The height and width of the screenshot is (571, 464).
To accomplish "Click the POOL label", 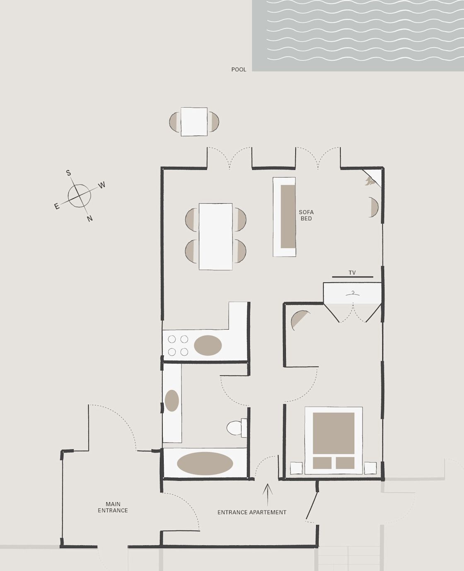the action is pyautogui.click(x=239, y=70).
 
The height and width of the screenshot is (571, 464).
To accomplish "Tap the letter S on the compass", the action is pyautogui.click(x=69, y=173).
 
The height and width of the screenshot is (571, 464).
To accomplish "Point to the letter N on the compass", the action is pyautogui.click(x=90, y=219).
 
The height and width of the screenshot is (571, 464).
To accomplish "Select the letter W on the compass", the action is pyautogui.click(x=101, y=185).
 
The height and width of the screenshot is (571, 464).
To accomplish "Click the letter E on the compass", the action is pyautogui.click(x=57, y=206).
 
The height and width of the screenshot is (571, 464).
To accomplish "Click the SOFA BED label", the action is pyautogui.click(x=306, y=215).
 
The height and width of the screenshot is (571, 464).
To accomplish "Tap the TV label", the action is pyautogui.click(x=352, y=272).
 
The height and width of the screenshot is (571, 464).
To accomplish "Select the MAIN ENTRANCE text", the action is pyautogui.click(x=113, y=507).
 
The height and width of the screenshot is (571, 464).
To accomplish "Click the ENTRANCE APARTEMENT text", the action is pyautogui.click(x=252, y=512).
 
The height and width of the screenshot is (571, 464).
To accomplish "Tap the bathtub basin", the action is pyautogui.click(x=205, y=463).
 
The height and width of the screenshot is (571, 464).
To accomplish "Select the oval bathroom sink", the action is pyautogui.click(x=172, y=400).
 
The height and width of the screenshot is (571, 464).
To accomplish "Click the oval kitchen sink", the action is pyautogui.click(x=208, y=345).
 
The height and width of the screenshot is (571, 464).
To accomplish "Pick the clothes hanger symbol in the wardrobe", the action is pyautogui.click(x=353, y=293).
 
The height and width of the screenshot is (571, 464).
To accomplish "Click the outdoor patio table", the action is pyautogui.click(x=194, y=122).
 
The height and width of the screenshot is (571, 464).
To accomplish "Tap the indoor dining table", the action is pyautogui.click(x=216, y=236).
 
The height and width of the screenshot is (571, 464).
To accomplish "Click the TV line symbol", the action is pyautogui.click(x=353, y=277).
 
